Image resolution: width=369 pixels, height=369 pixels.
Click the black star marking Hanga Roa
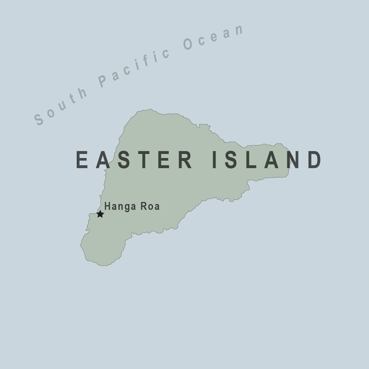pos(100,214)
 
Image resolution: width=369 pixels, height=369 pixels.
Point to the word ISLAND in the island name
pos(266,160)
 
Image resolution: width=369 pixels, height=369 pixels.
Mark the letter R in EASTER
pos(185,160)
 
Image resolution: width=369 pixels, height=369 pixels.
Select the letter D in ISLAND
pos(314,160)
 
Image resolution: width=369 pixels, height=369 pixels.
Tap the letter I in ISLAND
pos(216,160)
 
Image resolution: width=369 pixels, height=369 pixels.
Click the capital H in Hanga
pos(108,207)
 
